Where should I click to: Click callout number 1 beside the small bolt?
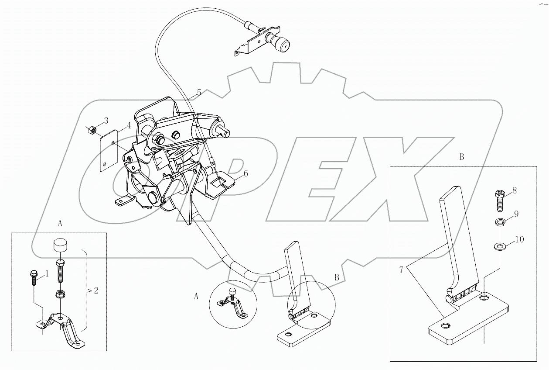pos(48,274)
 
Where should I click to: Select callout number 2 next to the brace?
pos(96,290)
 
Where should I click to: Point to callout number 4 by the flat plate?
pos(129,126)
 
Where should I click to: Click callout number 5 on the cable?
pos(199,93)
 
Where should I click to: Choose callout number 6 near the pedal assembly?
pos(246,173)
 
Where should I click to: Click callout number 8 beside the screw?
pos(515,190)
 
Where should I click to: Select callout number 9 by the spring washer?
pos(516,214)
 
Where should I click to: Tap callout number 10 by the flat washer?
pos(519,239)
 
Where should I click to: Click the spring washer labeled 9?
pos(500,223)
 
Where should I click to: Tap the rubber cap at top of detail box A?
pos(61,245)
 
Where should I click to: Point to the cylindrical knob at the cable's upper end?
pos(280,42)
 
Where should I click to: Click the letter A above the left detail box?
pos(60,223)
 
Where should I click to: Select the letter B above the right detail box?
pos(462,158)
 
